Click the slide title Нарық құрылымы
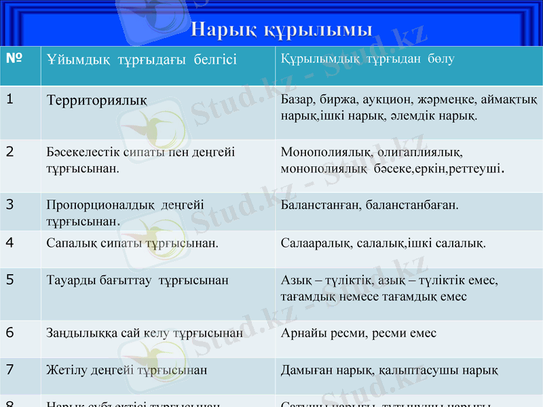(281, 30)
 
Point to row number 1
(10, 99)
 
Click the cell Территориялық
(97, 100)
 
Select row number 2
(10, 151)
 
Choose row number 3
(10, 203)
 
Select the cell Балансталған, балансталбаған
(369, 204)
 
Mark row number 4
(10, 241)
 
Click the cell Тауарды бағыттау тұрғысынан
(137, 279)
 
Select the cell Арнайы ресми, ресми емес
(358, 333)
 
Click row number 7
(10, 370)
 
